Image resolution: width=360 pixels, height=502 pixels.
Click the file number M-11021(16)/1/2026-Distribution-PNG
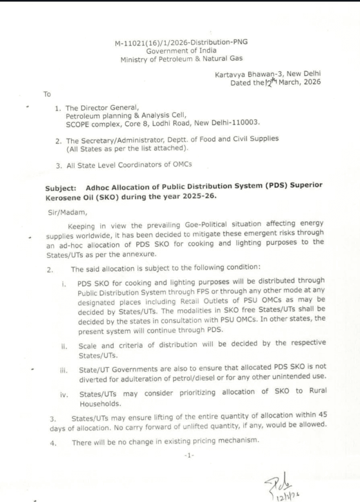pos(181,42)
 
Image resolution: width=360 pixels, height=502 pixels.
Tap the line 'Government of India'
pos(181,50)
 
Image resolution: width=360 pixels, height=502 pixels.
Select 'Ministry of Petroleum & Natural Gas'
pos(181,59)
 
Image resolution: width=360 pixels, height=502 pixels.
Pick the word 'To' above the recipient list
pos(47,93)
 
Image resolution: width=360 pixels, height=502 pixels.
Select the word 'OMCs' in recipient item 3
pos(181,165)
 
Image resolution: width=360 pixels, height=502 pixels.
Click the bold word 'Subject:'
pos(61,187)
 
